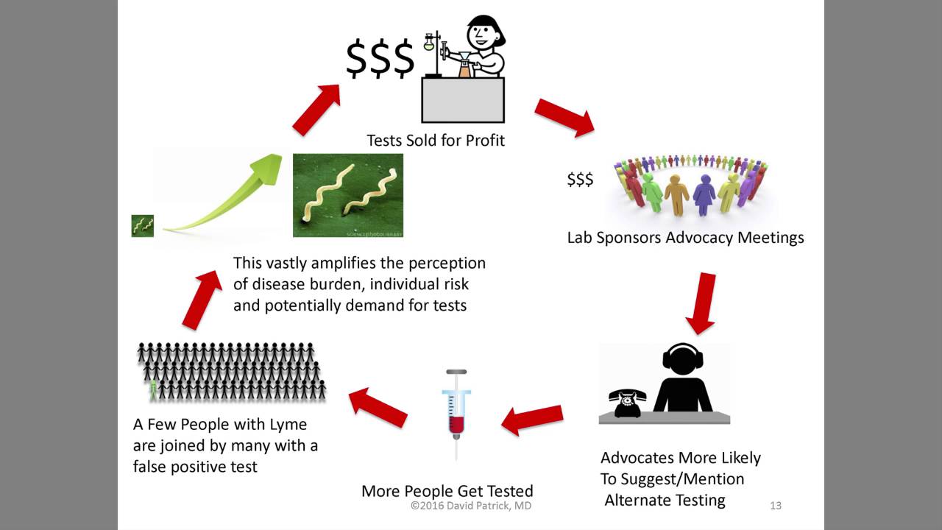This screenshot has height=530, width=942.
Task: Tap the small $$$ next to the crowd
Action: coord(580,180)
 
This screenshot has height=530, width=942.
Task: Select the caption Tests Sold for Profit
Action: coord(436,140)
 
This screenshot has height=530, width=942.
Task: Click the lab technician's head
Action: coord(484,34)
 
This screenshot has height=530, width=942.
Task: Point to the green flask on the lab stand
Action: coord(429,45)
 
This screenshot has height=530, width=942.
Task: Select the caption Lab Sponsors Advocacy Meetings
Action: coord(685,238)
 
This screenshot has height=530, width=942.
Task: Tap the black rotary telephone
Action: coord(627,403)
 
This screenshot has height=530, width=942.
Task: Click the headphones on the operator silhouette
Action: coord(682,357)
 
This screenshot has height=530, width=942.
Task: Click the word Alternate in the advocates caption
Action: coord(640,501)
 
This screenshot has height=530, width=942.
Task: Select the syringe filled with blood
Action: coord(456,412)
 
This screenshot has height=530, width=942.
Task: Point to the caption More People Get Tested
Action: coord(447,491)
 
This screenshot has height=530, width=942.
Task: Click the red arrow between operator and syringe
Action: coord(532,419)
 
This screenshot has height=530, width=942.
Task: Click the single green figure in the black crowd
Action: coord(153,389)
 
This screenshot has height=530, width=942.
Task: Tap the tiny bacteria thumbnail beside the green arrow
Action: coord(143,226)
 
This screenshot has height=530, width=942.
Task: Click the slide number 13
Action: coord(775,506)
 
